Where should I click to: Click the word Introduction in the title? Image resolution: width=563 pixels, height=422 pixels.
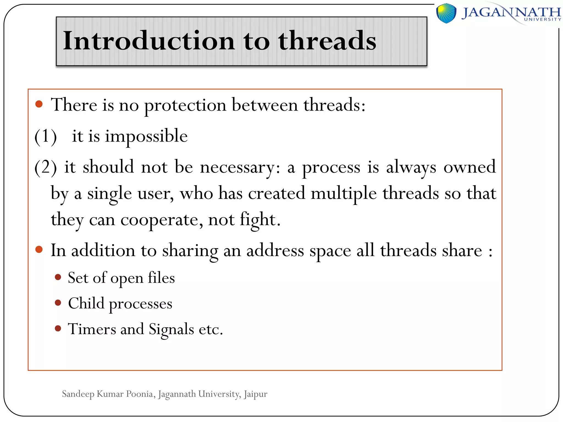148,41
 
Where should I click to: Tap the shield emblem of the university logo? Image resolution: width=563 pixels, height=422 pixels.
446,13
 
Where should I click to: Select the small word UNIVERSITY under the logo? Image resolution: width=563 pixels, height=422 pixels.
542,20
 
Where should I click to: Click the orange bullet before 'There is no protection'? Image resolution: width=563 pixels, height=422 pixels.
39,104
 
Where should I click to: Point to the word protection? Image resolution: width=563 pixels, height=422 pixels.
185,105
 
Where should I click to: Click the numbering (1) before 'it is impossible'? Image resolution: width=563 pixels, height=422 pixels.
46,136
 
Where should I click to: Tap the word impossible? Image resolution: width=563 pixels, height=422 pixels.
146,136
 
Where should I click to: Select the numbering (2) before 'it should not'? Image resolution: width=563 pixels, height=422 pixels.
46,167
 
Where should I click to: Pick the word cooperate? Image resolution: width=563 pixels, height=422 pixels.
162,220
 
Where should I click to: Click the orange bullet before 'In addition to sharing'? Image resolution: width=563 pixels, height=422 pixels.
39,249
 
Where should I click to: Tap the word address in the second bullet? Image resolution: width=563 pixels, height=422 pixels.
275,251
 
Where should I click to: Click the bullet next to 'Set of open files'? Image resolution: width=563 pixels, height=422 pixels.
58,277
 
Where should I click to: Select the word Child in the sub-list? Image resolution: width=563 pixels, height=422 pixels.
86,304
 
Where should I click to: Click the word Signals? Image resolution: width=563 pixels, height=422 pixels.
171,329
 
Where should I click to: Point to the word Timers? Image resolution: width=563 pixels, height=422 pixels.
92,329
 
